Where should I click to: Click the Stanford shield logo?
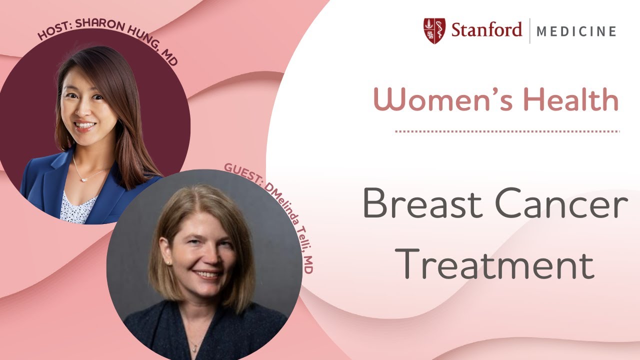pos(434,31)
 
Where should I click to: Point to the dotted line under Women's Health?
pos(507,131)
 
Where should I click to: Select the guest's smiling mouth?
pos(206,274)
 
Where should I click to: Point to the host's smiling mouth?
pos(84,124)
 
